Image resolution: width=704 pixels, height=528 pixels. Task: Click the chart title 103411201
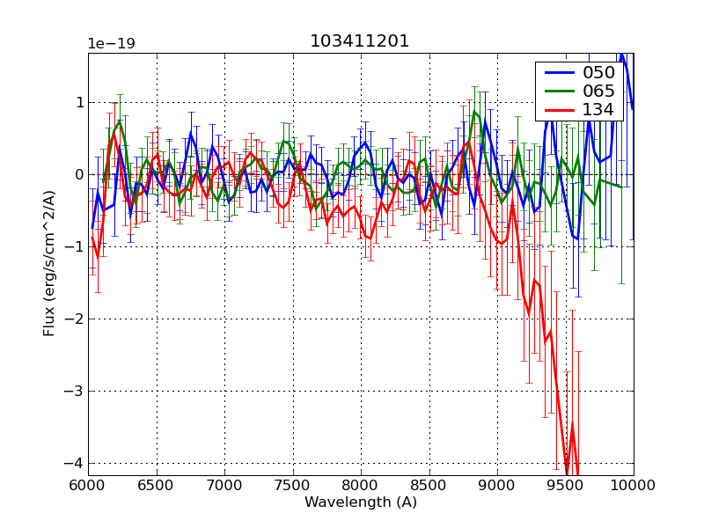pyautogui.click(x=360, y=41)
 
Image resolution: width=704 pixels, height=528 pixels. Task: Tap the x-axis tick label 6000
pyautogui.click(x=88, y=486)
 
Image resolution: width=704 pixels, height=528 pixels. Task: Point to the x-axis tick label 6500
pyautogui.click(x=157, y=486)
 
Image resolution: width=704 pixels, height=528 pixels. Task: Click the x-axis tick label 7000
pyautogui.click(x=224, y=486)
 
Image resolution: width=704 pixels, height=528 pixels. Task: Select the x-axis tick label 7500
pyautogui.click(x=292, y=486)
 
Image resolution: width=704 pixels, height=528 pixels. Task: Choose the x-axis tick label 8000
pyautogui.click(x=361, y=486)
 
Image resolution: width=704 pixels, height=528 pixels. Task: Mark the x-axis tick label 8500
pyautogui.click(x=429, y=486)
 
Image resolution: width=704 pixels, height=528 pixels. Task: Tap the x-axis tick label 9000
pyautogui.click(x=497, y=486)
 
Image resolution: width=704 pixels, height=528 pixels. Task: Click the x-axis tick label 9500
pyautogui.click(x=565, y=486)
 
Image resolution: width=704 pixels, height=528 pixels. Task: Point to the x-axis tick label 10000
pyautogui.click(x=633, y=486)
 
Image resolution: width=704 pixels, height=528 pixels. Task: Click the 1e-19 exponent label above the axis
pyautogui.click(x=111, y=44)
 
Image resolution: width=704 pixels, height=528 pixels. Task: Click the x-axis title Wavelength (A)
pyautogui.click(x=361, y=502)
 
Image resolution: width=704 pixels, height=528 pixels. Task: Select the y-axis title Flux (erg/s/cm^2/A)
pyautogui.click(x=50, y=264)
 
